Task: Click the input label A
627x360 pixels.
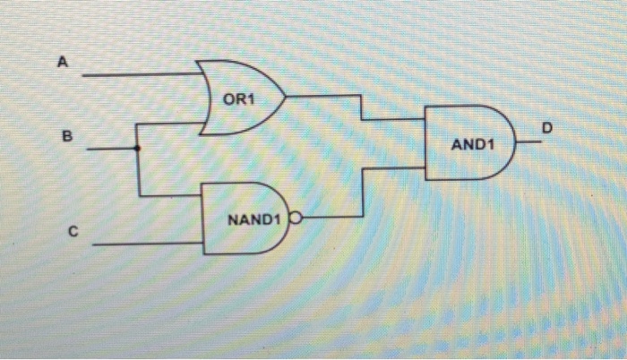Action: point(62,63)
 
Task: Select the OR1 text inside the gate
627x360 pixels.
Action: point(239,99)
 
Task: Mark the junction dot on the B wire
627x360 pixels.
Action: point(137,149)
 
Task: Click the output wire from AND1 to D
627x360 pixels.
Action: point(530,141)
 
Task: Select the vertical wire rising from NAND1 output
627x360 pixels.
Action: point(360,191)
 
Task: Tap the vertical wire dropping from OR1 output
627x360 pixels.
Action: point(360,107)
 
